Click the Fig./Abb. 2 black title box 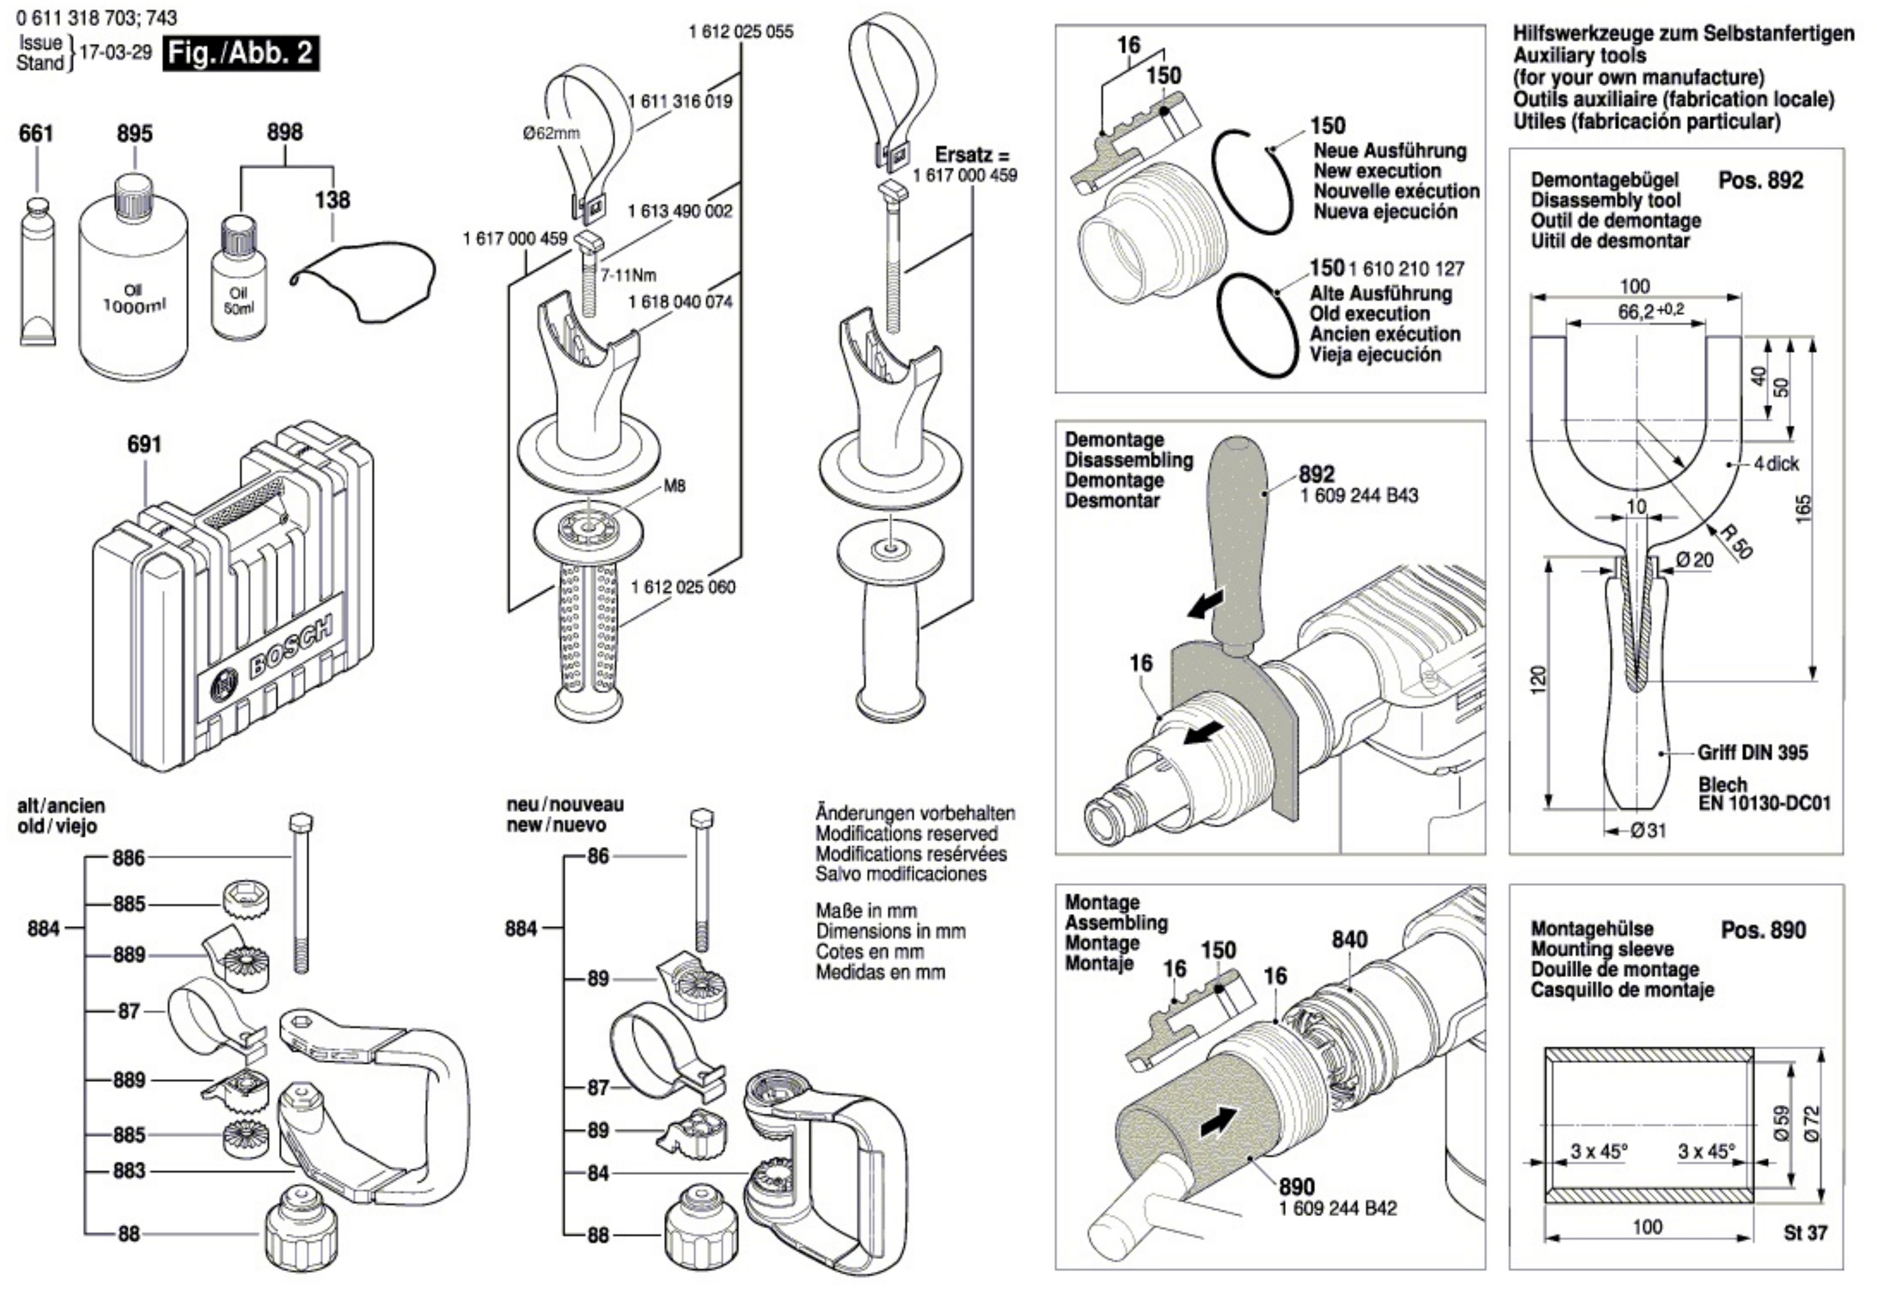[240, 54]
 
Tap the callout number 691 [144, 445]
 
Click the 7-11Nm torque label [628, 275]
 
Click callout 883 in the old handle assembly [129, 1171]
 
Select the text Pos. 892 [1761, 180]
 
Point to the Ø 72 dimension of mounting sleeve [1812, 1124]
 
